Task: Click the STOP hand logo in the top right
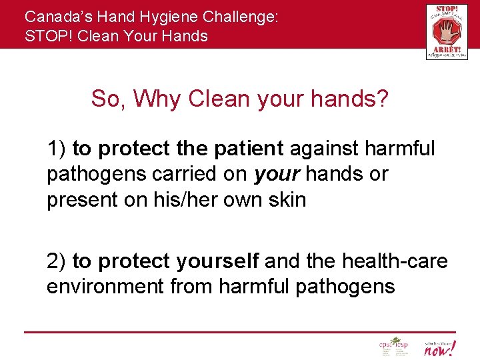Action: [446, 31]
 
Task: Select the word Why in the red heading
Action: [157, 99]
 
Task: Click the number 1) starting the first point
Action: [56, 148]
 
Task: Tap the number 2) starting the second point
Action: [56, 261]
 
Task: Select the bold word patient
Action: [246, 148]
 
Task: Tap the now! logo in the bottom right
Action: [441, 347]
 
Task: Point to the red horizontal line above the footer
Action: [240, 332]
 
